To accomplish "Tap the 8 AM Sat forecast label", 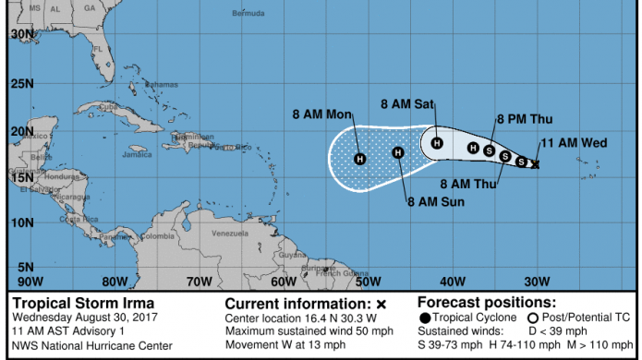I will [407, 104].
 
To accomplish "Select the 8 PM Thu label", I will [524, 119].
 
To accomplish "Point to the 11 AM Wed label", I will [573, 143].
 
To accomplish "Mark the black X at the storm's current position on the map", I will [536, 163].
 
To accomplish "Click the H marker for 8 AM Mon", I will [360, 159].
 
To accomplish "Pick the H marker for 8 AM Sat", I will [437, 143].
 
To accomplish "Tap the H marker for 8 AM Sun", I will [398, 152].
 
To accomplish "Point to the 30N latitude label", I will [21, 33].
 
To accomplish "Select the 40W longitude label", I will [453, 282].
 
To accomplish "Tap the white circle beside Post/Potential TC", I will [534, 318].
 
